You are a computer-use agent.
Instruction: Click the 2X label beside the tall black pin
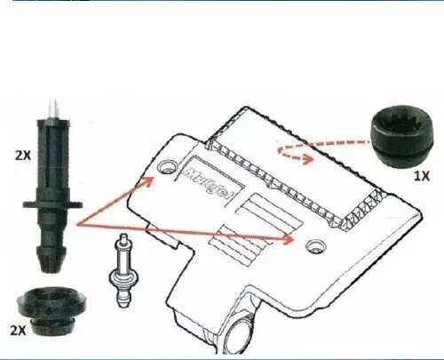[21, 154]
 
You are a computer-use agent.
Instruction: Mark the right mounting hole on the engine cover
[312, 244]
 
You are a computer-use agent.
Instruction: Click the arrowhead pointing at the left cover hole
[154, 179]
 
